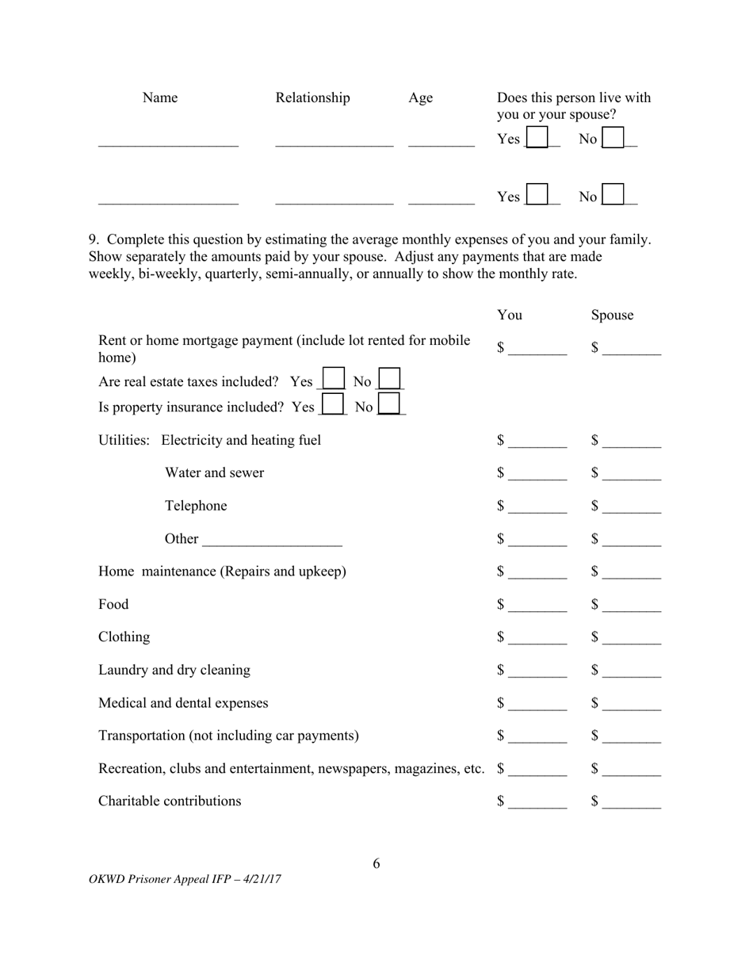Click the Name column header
tap(160, 98)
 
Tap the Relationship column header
tap(312, 98)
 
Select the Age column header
tap(420, 98)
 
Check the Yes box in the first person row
tap(537, 139)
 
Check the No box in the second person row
tap(613, 196)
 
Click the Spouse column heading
tap(612, 315)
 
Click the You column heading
tap(510, 315)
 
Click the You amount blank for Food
tap(537, 606)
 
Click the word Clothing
tap(124, 637)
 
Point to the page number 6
tap(376, 864)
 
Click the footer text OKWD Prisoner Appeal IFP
tap(185, 879)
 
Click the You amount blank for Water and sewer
tap(537, 475)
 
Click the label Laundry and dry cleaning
tap(174, 670)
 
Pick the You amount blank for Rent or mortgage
tap(537, 350)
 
